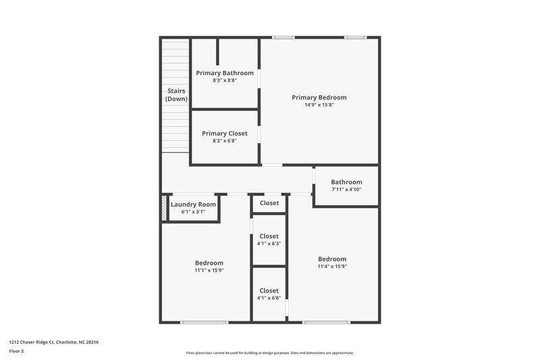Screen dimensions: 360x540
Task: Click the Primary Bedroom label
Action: click(x=319, y=97)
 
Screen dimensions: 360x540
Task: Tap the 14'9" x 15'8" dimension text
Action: click(x=319, y=105)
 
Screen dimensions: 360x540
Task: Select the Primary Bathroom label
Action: click(x=225, y=73)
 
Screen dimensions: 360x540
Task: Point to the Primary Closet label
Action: click(x=225, y=134)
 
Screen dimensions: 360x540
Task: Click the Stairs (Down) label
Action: click(x=176, y=95)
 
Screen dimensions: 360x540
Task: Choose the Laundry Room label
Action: click(x=193, y=205)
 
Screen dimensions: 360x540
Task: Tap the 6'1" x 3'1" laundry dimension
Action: click(x=193, y=212)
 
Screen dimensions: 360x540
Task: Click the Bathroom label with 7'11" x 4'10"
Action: click(x=346, y=182)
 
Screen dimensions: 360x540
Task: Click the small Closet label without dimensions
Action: click(x=269, y=203)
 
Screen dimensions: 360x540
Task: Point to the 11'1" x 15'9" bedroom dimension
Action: click(x=209, y=270)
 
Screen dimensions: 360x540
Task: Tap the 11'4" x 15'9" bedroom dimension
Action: click(x=332, y=266)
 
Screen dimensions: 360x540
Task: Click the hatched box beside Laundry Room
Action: click(x=163, y=207)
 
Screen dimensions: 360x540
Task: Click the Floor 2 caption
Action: click(x=16, y=351)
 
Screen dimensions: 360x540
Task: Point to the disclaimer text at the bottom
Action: click(x=270, y=353)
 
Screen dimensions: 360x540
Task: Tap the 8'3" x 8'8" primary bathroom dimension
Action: click(x=225, y=80)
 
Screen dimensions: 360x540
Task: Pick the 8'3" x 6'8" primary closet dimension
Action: click(x=225, y=141)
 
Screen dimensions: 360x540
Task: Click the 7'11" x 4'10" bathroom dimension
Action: click(x=346, y=189)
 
